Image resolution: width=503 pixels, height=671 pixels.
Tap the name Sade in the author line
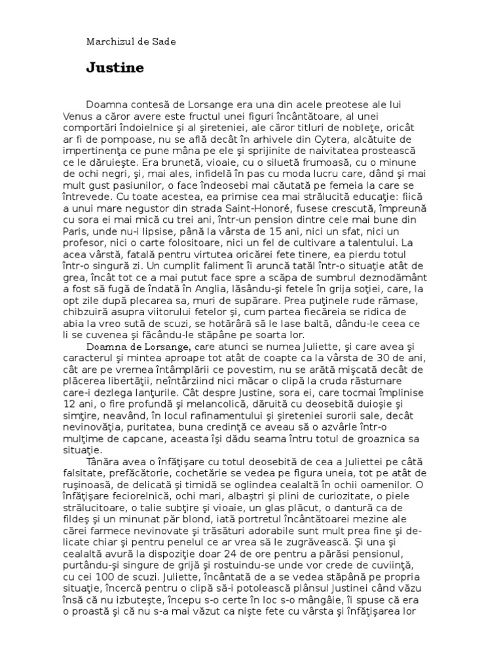coord(163,41)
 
